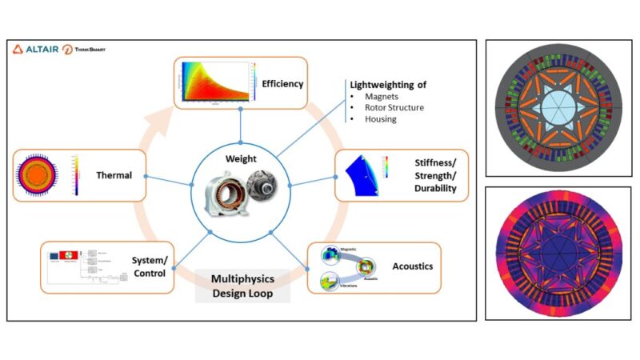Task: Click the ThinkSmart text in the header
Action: [x=88, y=50]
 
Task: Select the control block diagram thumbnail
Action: [x=80, y=267]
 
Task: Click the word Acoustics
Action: [x=414, y=265]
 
